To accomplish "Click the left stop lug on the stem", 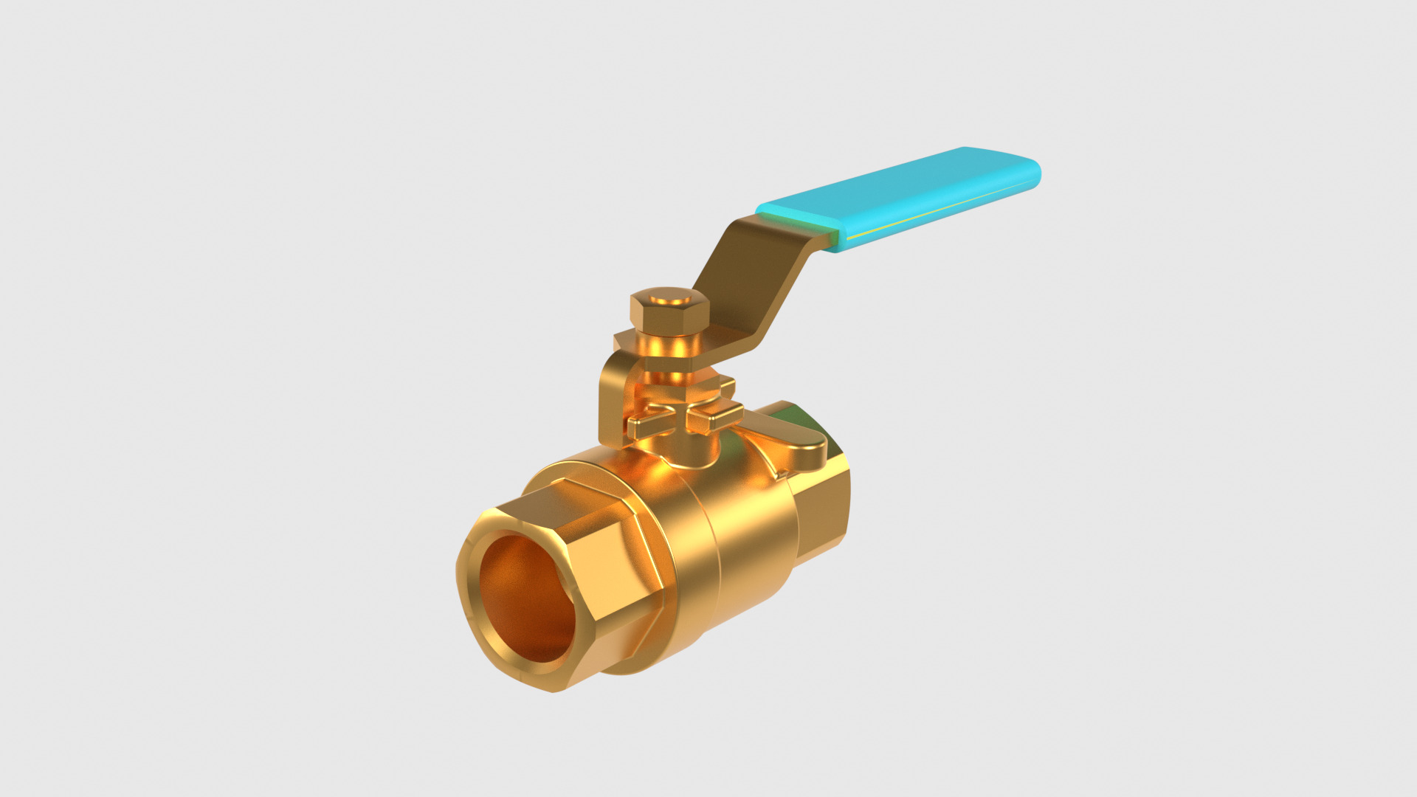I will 649,425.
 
